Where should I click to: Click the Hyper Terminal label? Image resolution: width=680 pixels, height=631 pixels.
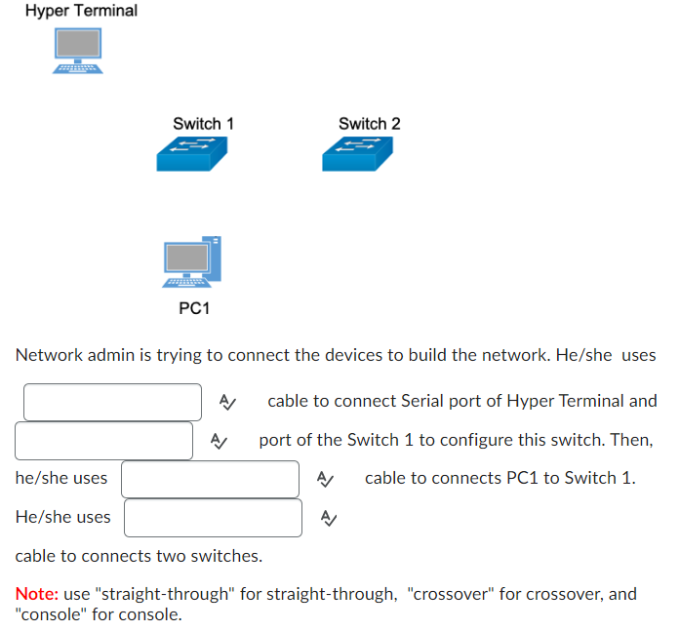pos(81,11)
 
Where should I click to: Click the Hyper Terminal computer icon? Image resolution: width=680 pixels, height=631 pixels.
pos(78,50)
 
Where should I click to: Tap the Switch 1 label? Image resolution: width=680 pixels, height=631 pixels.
pos(203,124)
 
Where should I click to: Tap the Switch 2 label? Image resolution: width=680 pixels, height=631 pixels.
pos(369,124)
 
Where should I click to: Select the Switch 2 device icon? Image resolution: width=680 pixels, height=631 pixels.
pos(357,153)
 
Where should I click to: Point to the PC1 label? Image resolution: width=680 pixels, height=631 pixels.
pos(194,308)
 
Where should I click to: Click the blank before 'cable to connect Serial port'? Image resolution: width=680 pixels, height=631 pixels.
pos(112,402)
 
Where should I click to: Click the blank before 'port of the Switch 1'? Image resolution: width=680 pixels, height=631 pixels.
pos(103,441)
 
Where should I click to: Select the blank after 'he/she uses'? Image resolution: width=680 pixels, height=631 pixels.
pos(210,479)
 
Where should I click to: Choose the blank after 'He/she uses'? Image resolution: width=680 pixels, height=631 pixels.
pos(213,518)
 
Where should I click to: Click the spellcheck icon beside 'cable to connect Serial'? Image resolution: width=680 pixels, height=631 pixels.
pos(227,402)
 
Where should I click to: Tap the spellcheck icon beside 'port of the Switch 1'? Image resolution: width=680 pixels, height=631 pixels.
pos(220,441)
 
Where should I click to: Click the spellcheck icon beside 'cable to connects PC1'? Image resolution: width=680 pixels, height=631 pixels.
pos(326,479)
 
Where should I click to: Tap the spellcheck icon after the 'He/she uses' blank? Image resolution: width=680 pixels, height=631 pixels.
pos(329,518)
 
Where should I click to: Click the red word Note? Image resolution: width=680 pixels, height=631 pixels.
pos(35,594)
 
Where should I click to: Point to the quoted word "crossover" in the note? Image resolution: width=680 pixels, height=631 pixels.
pos(450,594)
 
